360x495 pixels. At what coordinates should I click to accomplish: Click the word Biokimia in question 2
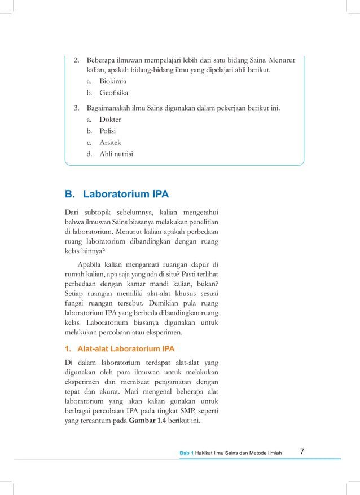pos(112,81)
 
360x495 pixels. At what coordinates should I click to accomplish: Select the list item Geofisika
pos(113,93)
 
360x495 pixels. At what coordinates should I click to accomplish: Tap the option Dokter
pos(110,120)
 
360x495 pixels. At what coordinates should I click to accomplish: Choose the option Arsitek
pos(110,142)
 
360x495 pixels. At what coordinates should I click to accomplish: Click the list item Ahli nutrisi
pos(116,153)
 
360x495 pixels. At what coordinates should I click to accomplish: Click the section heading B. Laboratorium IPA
pos(117,195)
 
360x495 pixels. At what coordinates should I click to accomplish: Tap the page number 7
pos(302,452)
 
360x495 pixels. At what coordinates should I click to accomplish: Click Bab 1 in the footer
pos(187,453)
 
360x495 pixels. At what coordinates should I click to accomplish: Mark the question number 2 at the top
pos(76,59)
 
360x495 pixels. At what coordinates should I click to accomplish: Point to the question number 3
pos(76,108)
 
